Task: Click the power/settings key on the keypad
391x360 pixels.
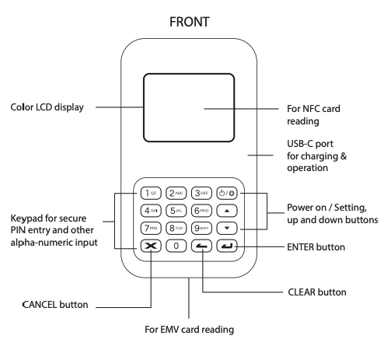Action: tap(228, 193)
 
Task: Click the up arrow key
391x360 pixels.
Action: tap(228, 211)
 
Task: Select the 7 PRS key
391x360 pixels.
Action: tap(151, 229)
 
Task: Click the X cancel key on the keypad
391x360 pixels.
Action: tap(151, 246)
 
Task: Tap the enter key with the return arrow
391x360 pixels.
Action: tap(228, 246)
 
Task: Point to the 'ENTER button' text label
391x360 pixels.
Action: tap(316, 246)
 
